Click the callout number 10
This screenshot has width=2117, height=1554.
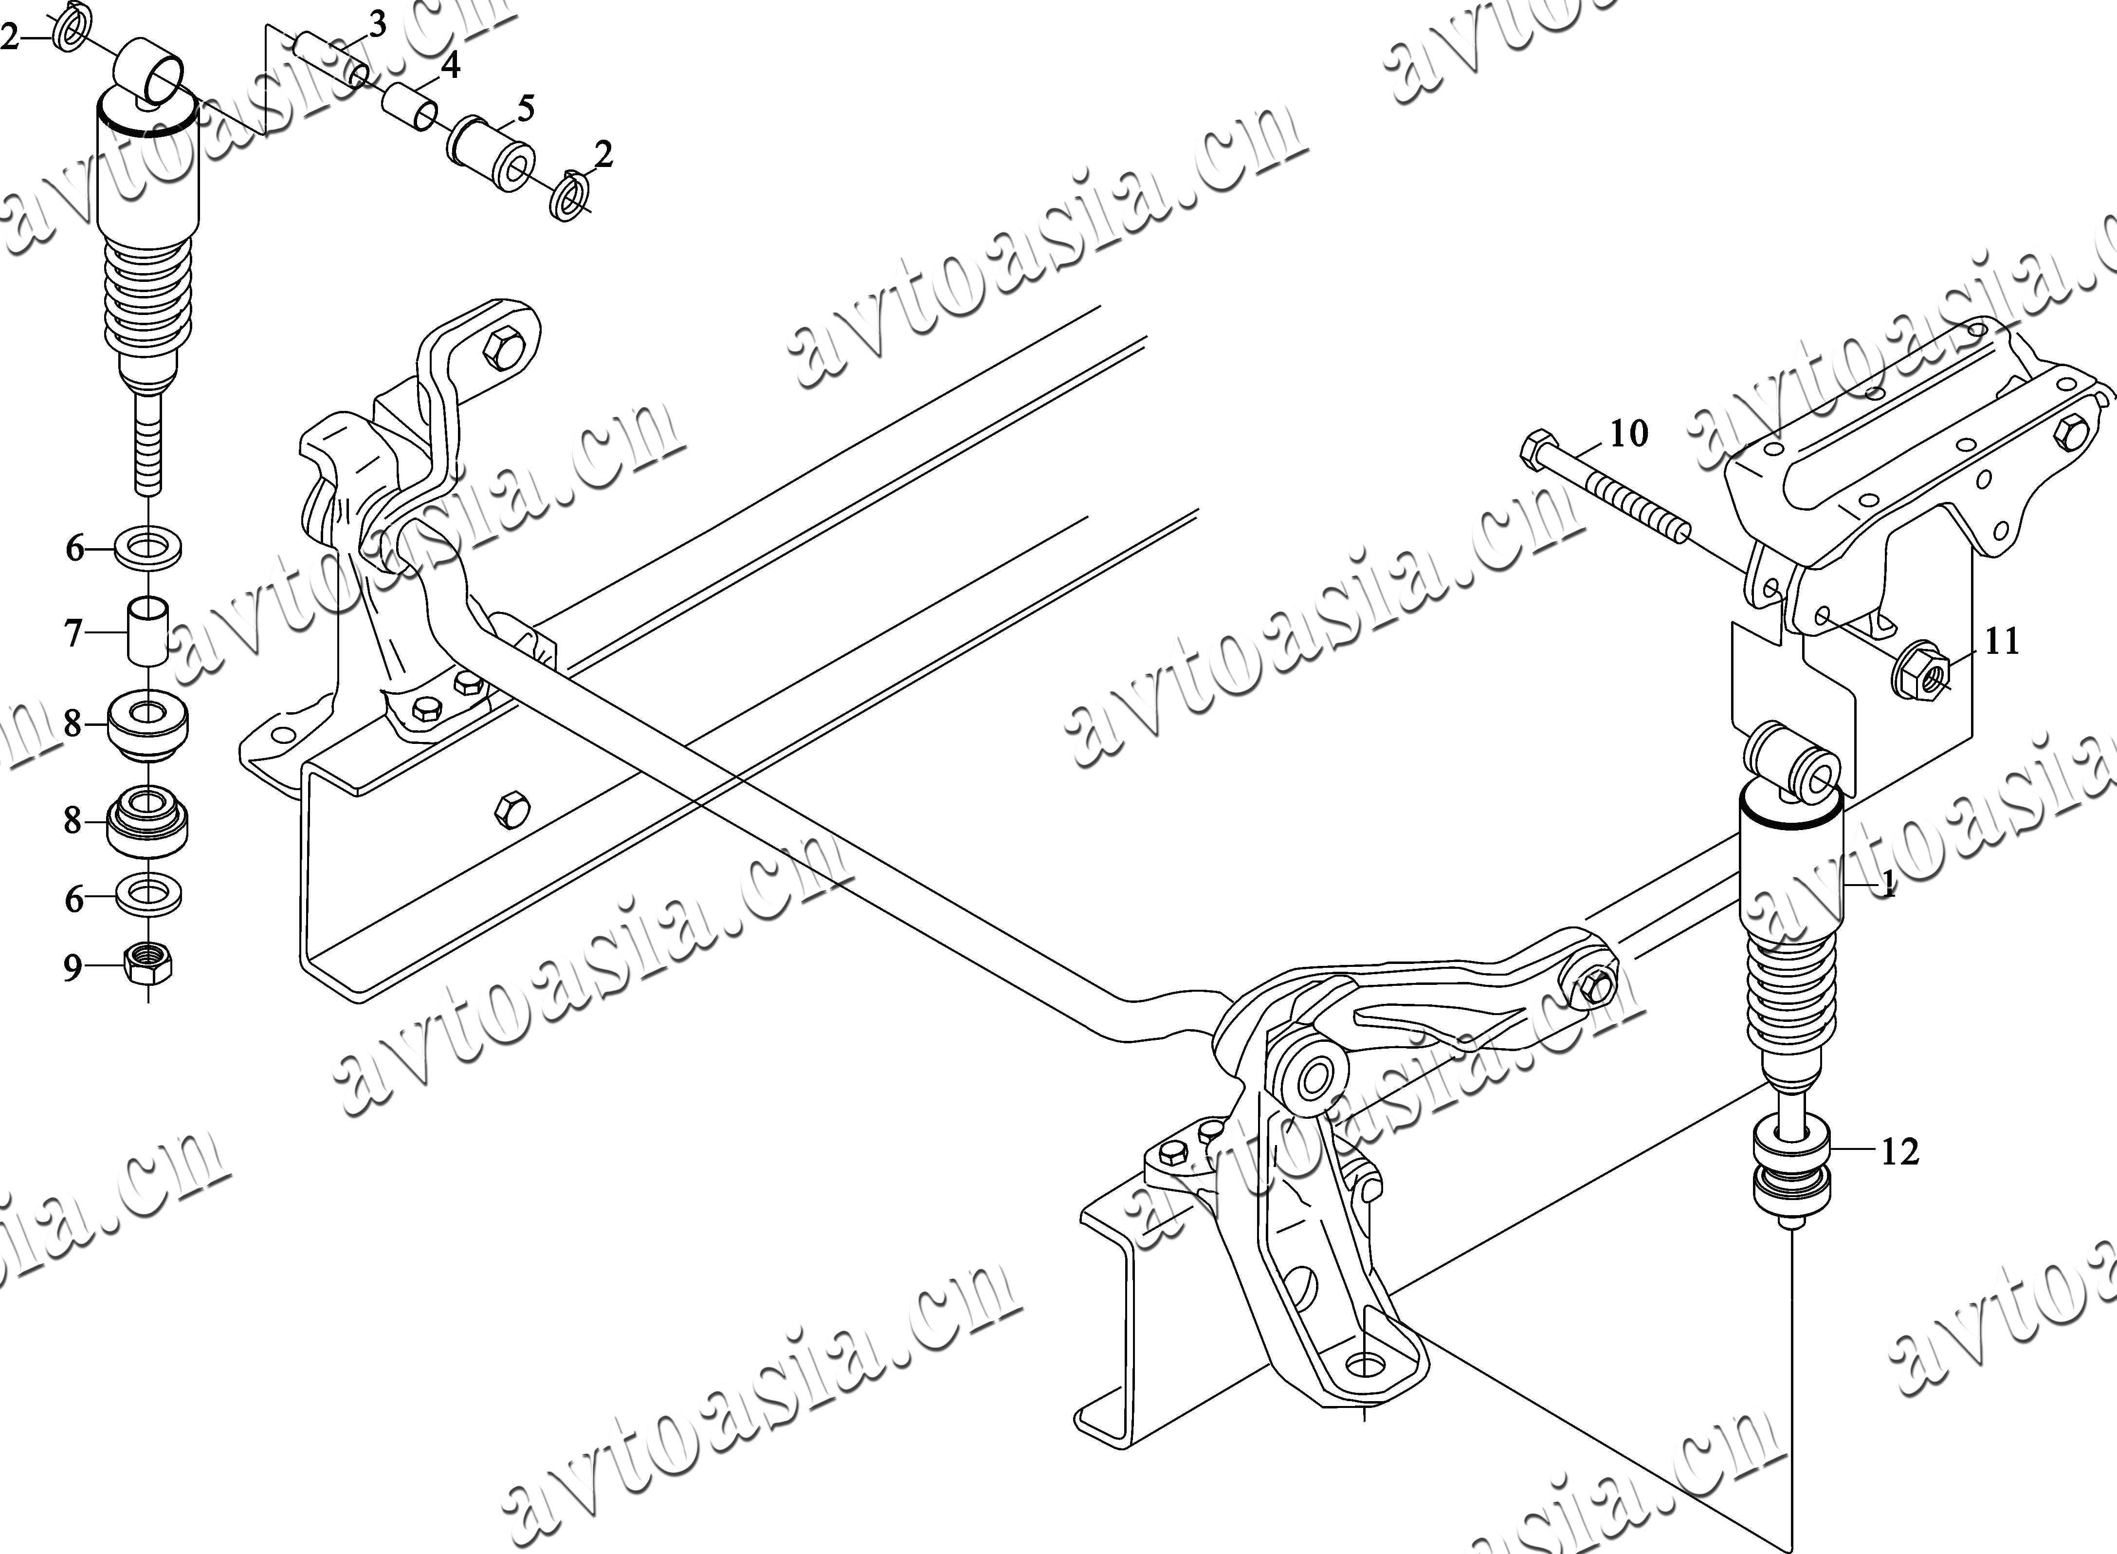point(1629,434)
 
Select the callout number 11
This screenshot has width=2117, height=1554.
point(2001,642)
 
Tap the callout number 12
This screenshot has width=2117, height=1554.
point(1900,1151)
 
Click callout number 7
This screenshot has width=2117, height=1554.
point(73,633)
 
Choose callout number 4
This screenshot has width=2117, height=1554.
point(451,66)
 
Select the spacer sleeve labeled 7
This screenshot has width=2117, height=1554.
point(147,632)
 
